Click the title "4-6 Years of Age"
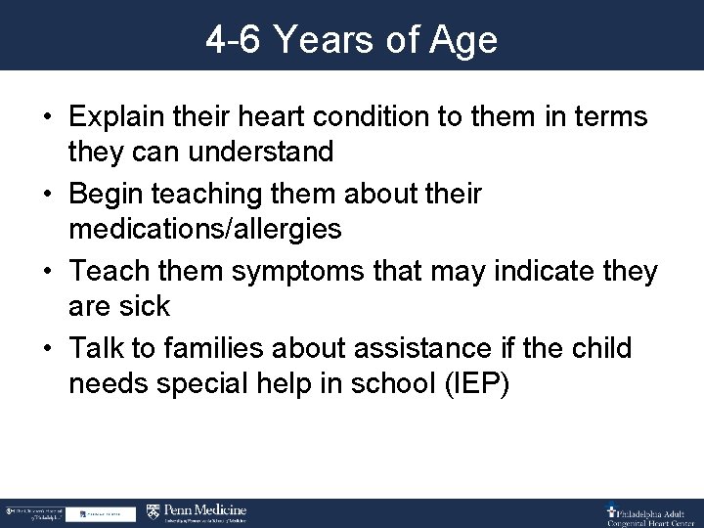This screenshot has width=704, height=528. pos(351,39)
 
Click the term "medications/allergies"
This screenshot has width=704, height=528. pos(205,230)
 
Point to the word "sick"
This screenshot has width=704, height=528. pos(147,306)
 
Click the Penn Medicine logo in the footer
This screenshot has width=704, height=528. pos(197,512)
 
